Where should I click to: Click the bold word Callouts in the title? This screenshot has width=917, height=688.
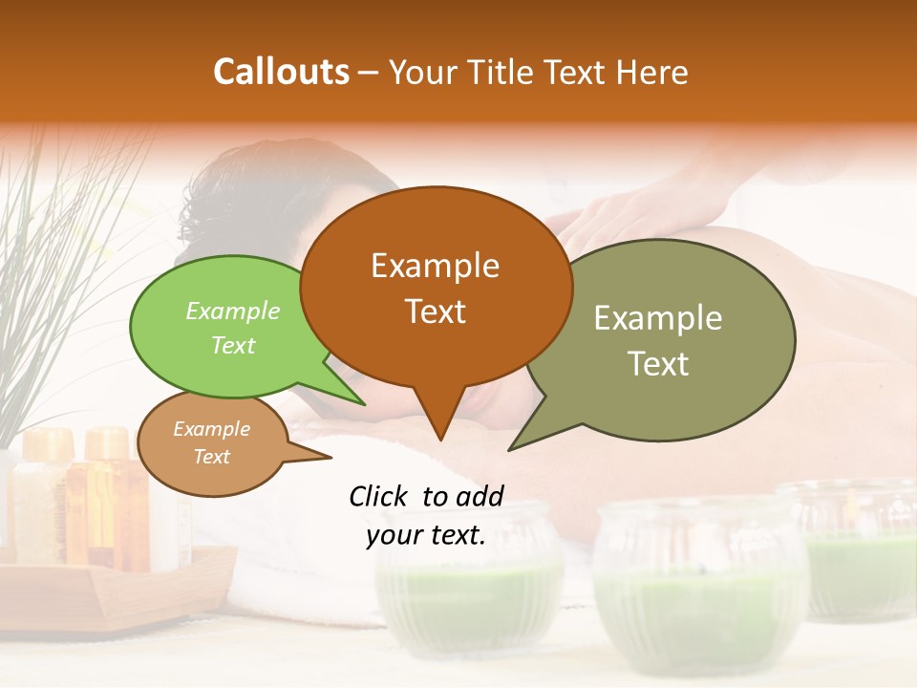(x=281, y=72)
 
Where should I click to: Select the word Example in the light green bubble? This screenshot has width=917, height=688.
(x=233, y=311)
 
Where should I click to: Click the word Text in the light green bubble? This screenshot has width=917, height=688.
(x=233, y=345)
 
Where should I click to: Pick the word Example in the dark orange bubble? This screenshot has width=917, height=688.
(x=435, y=266)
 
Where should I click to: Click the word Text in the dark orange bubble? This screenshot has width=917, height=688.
(x=435, y=312)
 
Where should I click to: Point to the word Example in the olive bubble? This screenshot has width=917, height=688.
(x=658, y=318)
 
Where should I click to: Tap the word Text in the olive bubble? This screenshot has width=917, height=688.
(x=658, y=363)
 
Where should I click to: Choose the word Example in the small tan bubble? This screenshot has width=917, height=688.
(x=211, y=429)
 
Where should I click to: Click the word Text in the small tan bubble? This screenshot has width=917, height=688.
(x=211, y=457)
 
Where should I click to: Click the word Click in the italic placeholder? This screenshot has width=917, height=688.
(x=381, y=496)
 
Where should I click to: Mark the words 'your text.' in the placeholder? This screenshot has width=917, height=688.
(x=425, y=535)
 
